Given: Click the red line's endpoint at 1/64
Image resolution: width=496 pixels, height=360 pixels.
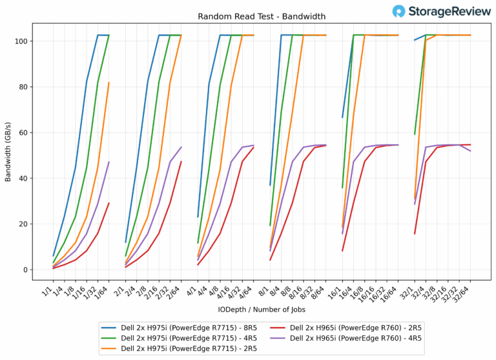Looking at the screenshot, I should pos(109,203).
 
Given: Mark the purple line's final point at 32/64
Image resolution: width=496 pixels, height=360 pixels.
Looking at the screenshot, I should pos(470,151).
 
